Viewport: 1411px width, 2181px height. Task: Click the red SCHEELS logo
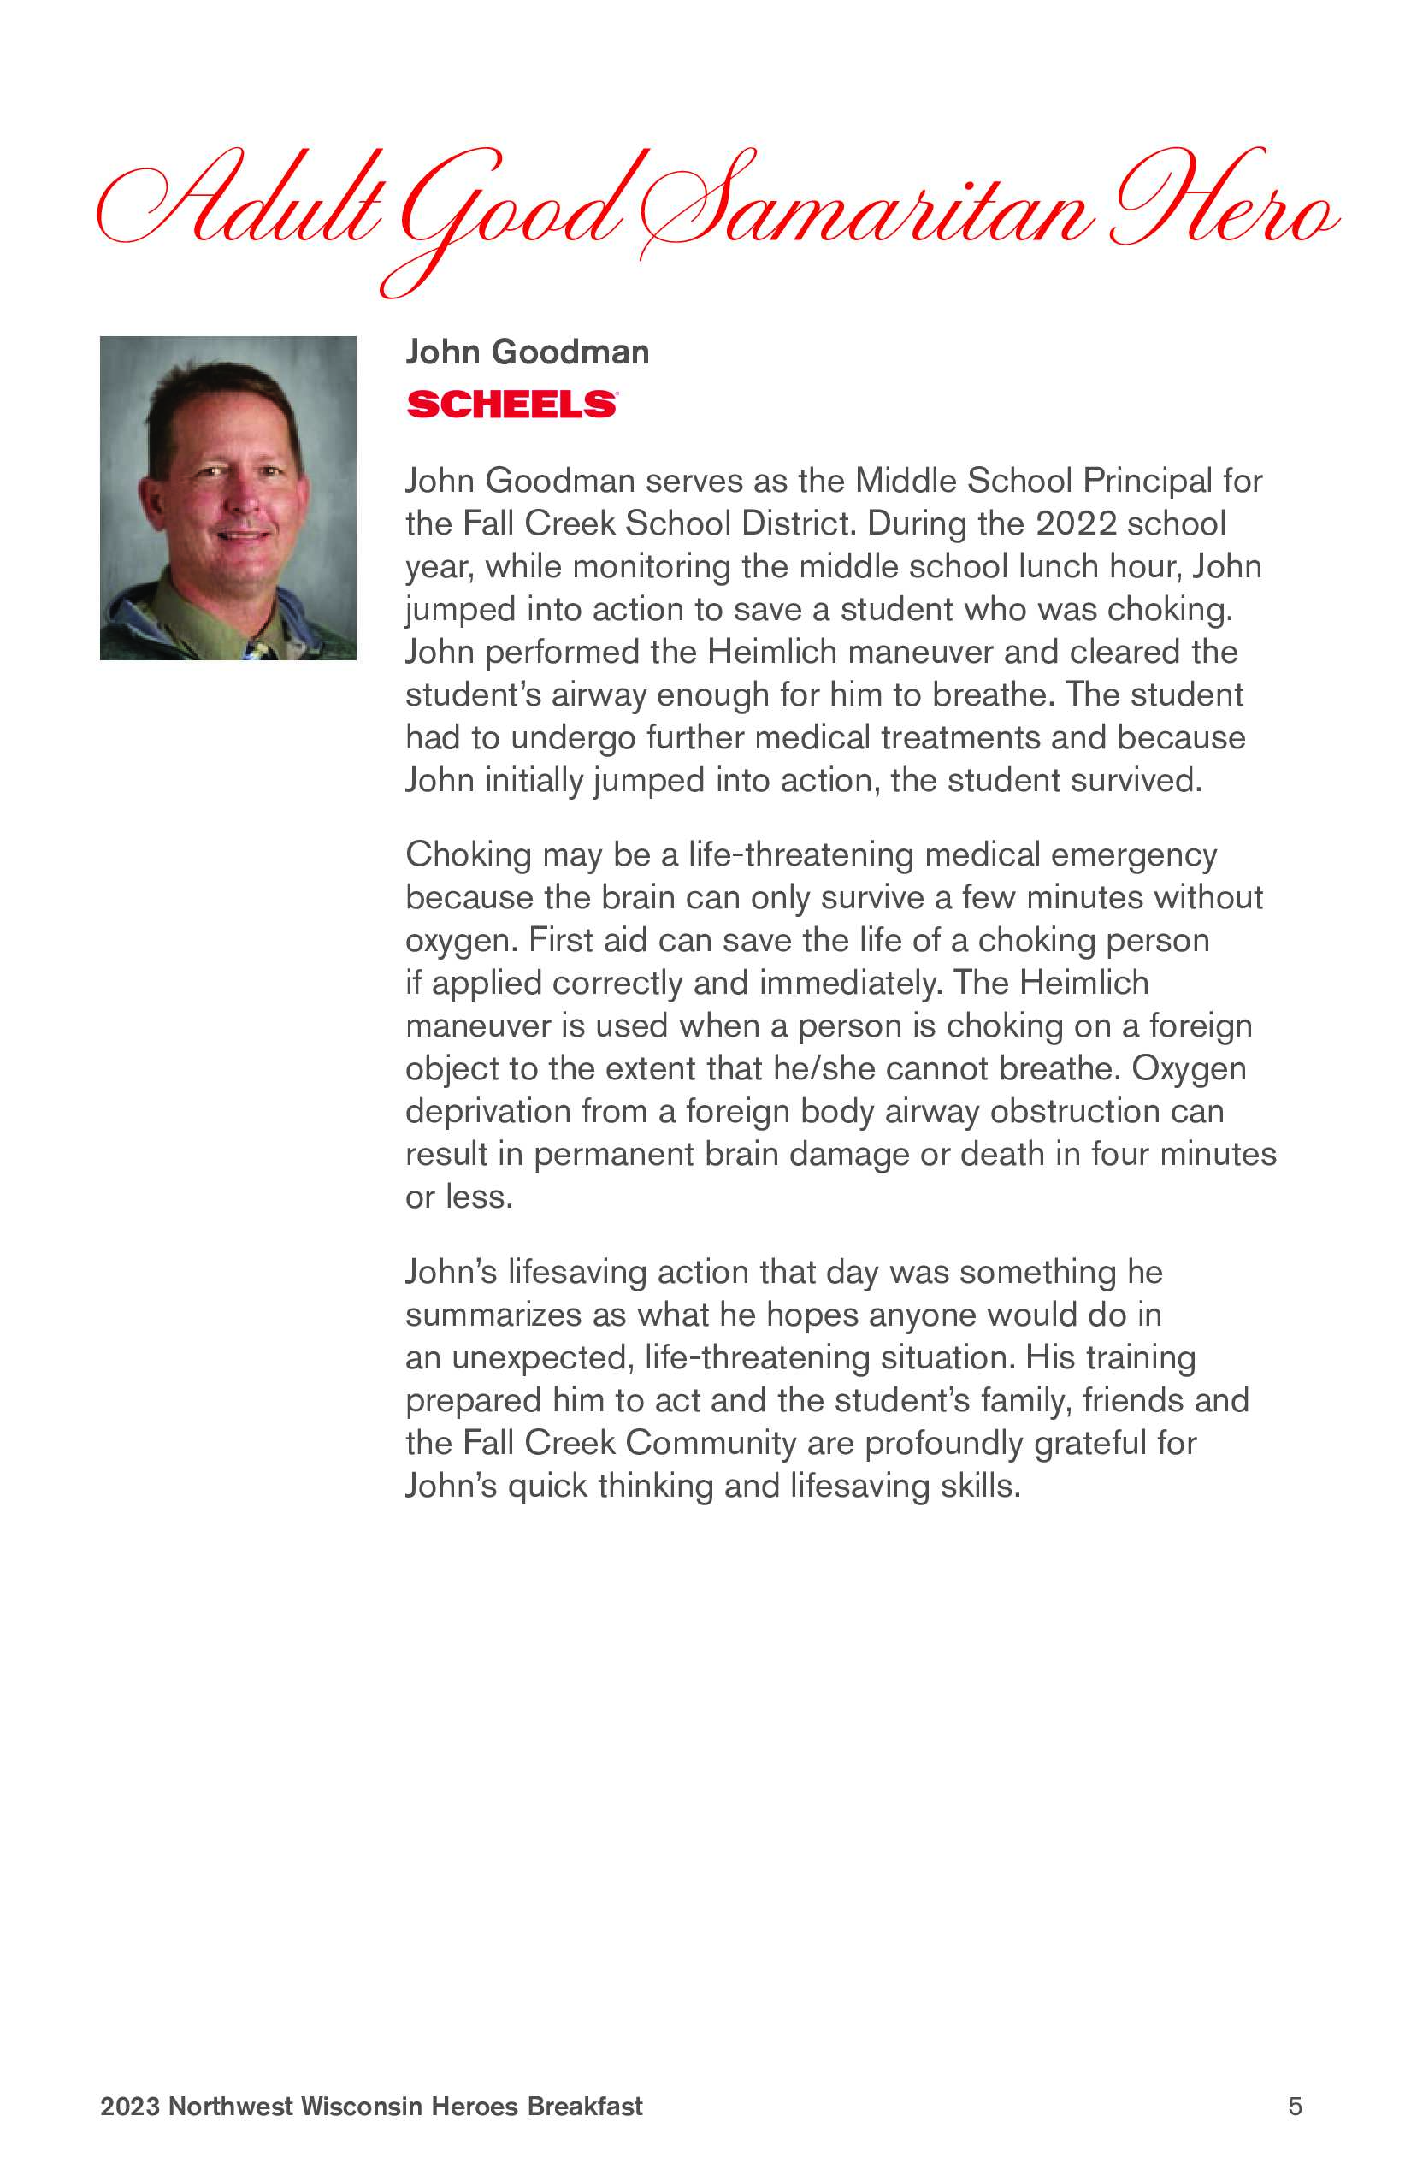[511, 404]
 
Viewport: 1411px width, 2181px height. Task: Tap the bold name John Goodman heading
[527, 352]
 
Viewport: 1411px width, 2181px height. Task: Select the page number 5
[1295, 2106]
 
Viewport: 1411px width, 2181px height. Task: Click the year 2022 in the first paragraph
[1076, 523]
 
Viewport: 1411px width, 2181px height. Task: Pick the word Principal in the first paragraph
[1146, 480]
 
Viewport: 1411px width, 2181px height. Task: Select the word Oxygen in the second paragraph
[1189, 1067]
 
